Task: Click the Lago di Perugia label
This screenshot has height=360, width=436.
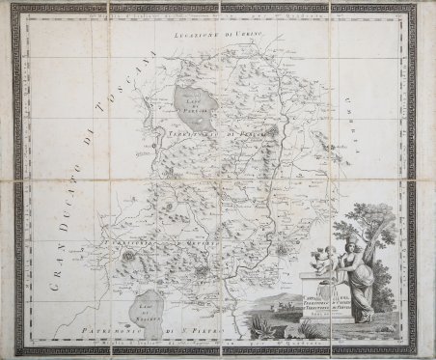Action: [x=193, y=95]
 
